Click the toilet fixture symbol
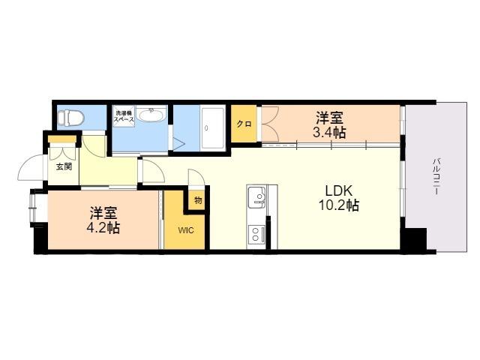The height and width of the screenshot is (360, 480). [71, 118]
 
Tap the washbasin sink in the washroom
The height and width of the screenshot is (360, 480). [151, 115]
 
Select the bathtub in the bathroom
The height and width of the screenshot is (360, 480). [212, 128]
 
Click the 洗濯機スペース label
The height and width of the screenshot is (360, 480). [124, 116]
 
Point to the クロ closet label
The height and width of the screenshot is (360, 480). [244, 124]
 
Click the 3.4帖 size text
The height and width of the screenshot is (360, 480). [329, 133]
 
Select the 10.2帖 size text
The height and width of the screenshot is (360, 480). [338, 205]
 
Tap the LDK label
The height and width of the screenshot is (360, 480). [338, 191]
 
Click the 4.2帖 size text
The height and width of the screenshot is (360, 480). [103, 228]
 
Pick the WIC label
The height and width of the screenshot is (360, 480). [186, 230]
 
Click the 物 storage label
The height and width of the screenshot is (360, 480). [198, 201]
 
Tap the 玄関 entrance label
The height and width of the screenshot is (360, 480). [64, 166]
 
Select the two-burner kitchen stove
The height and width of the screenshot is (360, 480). [256, 235]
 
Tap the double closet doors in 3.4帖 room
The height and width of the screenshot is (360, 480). [270, 124]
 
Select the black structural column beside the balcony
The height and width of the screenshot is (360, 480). [415, 240]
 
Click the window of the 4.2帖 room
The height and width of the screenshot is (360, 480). [32, 208]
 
